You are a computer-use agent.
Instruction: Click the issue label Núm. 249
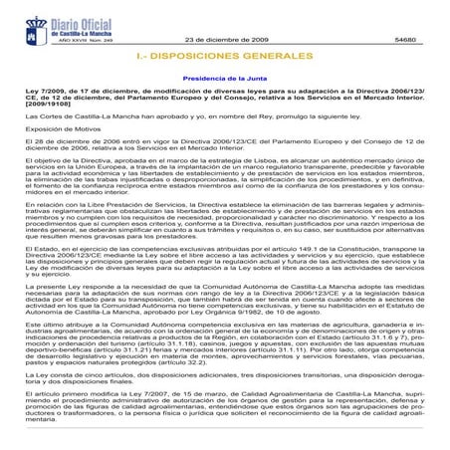90,33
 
